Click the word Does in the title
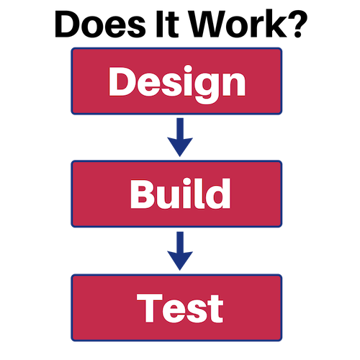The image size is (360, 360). [x=100, y=24]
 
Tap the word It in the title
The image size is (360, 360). [x=168, y=24]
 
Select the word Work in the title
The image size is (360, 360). [x=238, y=24]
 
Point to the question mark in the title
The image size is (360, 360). [x=297, y=24]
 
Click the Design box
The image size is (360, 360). [x=176, y=81]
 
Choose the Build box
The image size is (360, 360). [x=176, y=194]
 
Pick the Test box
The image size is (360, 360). [x=176, y=307]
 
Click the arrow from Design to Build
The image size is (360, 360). [x=180, y=138]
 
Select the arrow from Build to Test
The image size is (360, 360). [x=180, y=251]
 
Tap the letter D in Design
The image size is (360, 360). [x=122, y=81]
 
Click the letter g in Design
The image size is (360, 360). [x=205, y=88]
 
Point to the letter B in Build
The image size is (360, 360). [x=143, y=194]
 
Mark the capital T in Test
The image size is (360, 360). [x=149, y=308]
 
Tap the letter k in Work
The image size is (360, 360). [x=276, y=24]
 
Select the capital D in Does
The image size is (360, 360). [x=68, y=24]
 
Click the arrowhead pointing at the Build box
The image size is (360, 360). [x=180, y=146]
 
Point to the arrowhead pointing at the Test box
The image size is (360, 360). [x=180, y=261]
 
